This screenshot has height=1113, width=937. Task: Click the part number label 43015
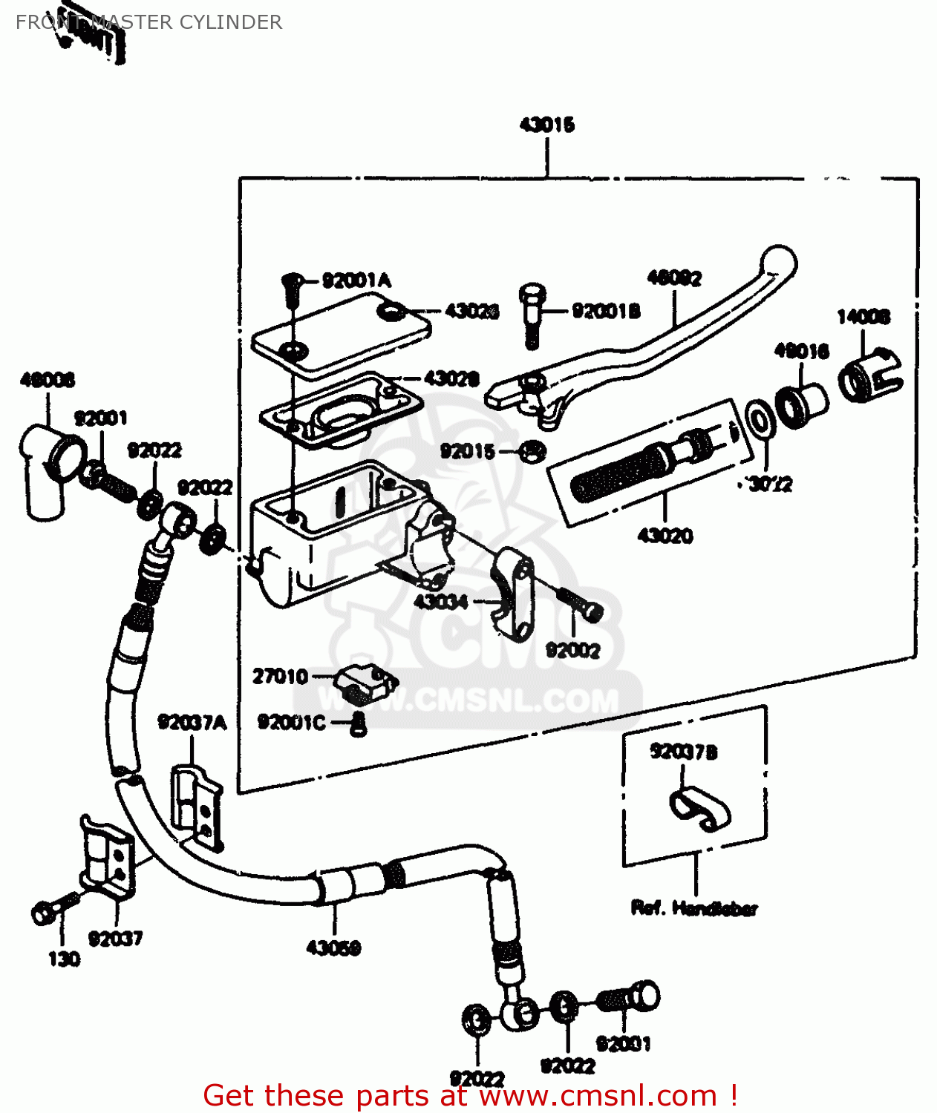coord(547,125)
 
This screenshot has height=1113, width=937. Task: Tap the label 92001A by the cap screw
coord(356,280)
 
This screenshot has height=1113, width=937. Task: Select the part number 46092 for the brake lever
coord(674,278)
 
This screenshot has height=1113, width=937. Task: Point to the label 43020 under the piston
coord(665,536)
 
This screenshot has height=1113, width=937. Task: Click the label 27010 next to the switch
coord(280,677)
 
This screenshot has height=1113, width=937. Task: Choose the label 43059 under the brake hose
coord(333,948)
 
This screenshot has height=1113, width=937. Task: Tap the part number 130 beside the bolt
coord(64,959)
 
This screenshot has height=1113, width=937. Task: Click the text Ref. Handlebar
coord(694,908)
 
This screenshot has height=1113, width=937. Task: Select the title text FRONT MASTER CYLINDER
coord(148,22)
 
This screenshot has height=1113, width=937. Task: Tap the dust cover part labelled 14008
coord(869,377)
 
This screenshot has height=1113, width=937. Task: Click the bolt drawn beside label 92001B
coord(531,315)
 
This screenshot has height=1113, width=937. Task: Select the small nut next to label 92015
coord(532,450)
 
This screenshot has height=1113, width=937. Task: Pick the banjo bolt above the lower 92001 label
coord(631,998)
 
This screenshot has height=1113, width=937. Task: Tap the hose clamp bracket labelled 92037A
coord(196,807)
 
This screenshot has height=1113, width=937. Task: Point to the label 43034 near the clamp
coord(440,602)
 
